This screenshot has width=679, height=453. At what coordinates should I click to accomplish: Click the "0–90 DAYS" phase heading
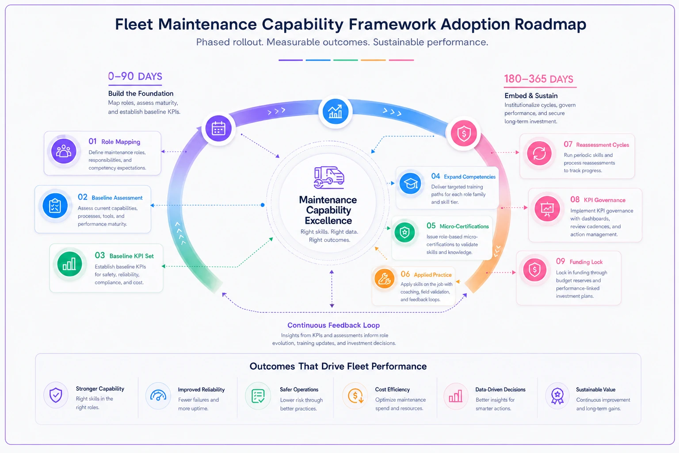click(x=135, y=76)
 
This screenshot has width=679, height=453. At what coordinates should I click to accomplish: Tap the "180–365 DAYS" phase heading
click(x=539, y=79)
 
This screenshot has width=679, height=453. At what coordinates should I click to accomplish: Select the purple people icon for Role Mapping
click(x=64, y=151)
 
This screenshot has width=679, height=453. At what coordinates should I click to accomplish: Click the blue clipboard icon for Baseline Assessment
click(x=55, y=206)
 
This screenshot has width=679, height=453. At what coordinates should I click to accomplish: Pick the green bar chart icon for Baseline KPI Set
click(x=69, y=264)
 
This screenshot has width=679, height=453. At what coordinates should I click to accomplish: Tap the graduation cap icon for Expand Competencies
click(x=410, y=183)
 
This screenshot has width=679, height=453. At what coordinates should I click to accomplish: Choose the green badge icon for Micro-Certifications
click(x=404, y=233)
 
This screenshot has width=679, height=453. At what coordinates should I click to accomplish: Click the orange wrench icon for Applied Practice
click(x=384, y=279)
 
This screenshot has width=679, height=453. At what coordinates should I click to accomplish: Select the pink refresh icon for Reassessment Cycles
click(x=539, y=153)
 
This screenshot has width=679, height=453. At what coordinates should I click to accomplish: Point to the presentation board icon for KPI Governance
click(x=547, y=209)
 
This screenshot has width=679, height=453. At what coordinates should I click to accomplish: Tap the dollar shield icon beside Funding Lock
click(x=535, y=269)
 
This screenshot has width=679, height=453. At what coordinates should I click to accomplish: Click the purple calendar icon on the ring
click(x=218, y=129)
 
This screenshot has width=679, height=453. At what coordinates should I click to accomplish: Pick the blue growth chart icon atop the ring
click(x=335, y=111)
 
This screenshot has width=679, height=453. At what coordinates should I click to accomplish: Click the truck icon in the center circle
click(x=329, y=177)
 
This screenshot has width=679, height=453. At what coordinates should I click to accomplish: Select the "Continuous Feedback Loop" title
click(x=333, y=325)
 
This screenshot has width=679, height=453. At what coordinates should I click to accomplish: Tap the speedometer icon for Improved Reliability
click(x=158, y=395)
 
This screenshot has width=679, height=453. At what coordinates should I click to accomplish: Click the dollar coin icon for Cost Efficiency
click(x=355, y=395)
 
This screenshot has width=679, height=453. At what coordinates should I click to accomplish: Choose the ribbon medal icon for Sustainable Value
click(x=557, y=396)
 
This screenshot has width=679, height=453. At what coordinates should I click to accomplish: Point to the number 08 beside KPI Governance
click(x=575, y=200)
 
